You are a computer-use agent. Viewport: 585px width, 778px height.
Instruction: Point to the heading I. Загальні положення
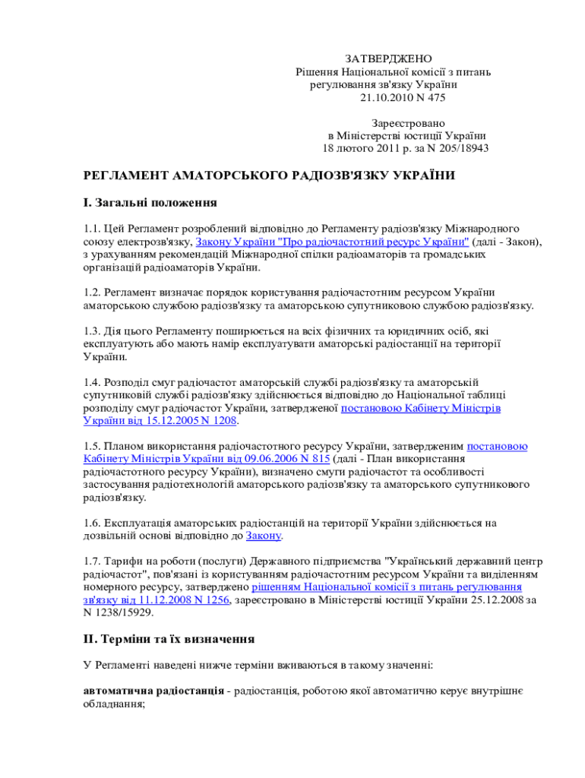click(150, 203)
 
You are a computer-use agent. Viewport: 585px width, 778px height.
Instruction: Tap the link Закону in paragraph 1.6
click(264, 536)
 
